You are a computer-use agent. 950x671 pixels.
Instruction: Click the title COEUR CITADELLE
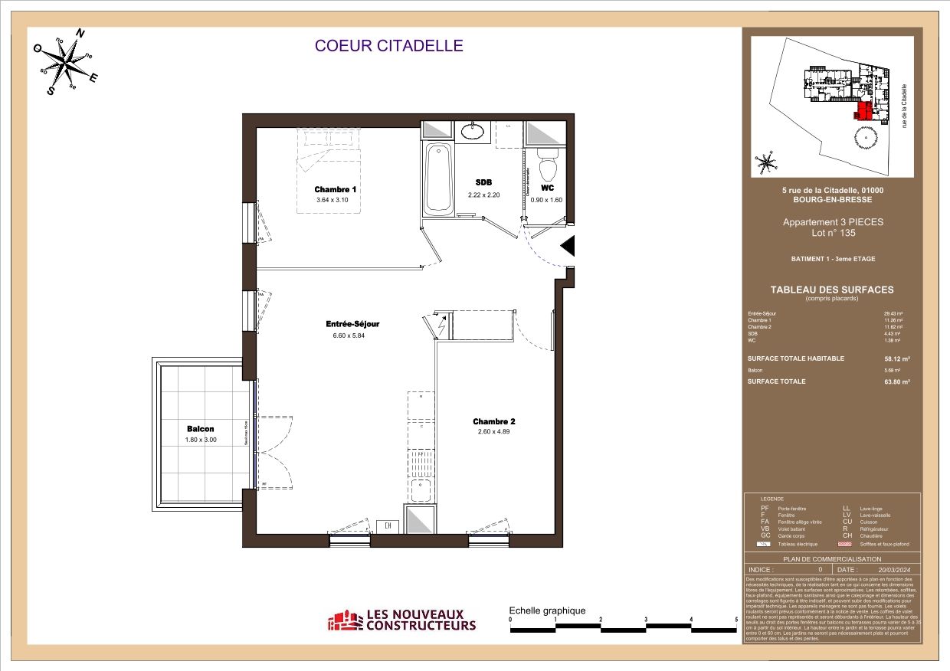coord(389,46)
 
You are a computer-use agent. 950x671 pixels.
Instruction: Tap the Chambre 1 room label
coord(336,189)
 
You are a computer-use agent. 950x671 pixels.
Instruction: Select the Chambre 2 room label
coord(493,421)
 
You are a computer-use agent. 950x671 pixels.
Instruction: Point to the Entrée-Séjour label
coord(352,324)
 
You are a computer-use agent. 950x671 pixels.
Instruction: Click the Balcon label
coord(201,429)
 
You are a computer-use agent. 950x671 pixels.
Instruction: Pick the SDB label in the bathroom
coord(483,182)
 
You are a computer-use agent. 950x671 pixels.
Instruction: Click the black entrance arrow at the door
coord(568,246)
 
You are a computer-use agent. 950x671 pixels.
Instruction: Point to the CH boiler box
coord(388,526)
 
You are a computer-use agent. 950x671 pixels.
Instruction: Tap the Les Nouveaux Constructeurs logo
coord(402,620)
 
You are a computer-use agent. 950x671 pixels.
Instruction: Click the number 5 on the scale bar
coord(736,619)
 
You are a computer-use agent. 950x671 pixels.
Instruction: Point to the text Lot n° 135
coord(833,233)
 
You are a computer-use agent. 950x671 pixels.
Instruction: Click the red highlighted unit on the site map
coord(863,112)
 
